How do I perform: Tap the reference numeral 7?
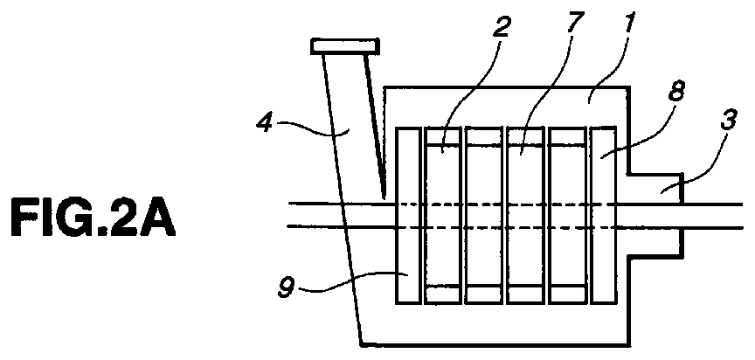coord(575,22)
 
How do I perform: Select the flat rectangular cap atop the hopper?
coord(345,46)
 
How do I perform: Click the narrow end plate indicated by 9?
coord(408,215)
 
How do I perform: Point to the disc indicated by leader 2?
coord(442,215)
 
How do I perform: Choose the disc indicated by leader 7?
coord(525,215)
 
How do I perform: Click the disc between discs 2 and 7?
coord(484,215)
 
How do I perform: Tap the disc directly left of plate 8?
coord(568,215)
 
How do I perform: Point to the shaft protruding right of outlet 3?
coord(713,215)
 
